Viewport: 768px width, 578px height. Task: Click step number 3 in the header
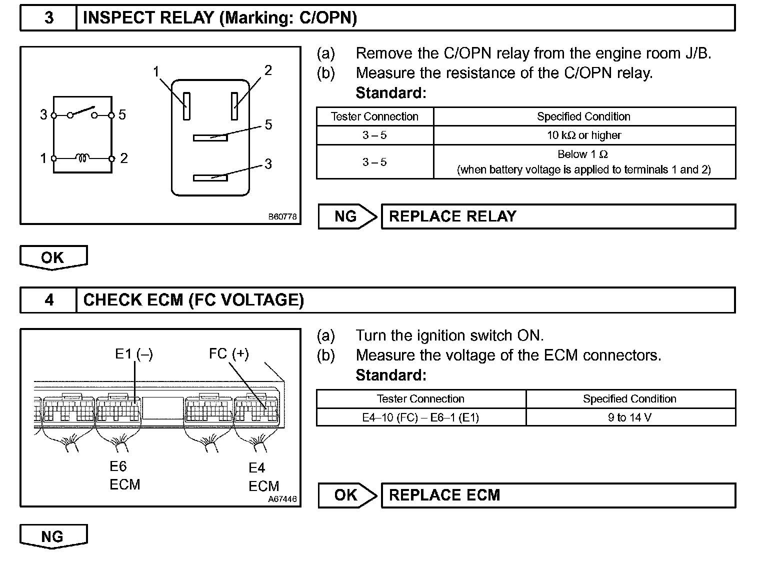point(48,18)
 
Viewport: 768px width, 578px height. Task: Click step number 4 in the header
point(48,300)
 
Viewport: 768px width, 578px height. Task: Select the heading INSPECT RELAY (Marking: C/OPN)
point(220,18)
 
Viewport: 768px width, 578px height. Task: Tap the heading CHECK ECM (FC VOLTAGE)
point(193,300)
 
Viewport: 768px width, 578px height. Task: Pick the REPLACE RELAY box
point(558,216)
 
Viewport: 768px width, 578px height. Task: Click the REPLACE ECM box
point(558,495)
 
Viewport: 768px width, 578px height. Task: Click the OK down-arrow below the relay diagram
point(53,257)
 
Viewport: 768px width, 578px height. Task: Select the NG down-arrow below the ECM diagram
point(53,536)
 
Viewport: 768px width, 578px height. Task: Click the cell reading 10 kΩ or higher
point(584,135)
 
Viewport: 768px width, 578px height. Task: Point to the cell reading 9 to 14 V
point(630,417)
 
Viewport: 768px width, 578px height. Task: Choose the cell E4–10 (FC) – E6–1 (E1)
point(420,417)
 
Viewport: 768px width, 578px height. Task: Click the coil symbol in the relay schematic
point(82,158)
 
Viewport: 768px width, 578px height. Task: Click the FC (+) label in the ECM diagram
point(228,354)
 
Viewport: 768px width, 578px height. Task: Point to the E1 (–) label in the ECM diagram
point(134,354)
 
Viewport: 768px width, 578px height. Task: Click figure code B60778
point(282,217)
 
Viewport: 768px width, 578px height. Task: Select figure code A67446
point(282,499)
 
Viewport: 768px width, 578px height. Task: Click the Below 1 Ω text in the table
point(583,154)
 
